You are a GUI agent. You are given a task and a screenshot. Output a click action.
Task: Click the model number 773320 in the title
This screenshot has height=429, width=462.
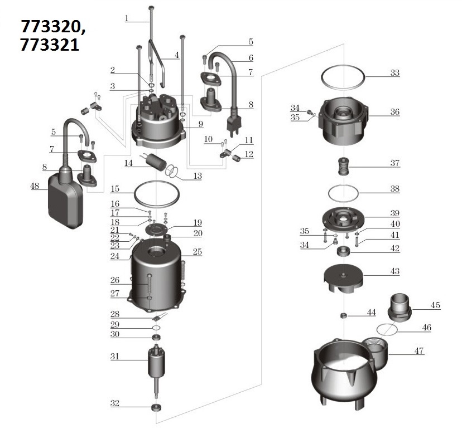coord(54,26)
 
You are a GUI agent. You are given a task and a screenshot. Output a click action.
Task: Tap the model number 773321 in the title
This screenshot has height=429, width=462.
coord(50,45)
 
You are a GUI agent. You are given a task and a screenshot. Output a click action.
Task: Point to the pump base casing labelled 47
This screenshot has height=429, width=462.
coord(346,370)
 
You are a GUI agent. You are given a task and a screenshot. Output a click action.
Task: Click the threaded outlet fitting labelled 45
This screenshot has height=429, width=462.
coord(400,306)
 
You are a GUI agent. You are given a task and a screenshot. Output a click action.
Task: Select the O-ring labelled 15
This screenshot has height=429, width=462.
coord(158,194)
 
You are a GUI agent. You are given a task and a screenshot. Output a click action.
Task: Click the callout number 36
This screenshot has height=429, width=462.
coord(395,112)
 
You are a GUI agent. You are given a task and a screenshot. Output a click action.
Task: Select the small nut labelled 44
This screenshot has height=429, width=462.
coord(344,315)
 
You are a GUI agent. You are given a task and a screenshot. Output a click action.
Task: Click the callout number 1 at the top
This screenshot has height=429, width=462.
coord(127,18)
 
